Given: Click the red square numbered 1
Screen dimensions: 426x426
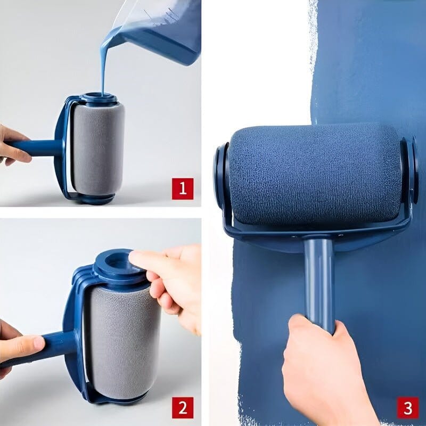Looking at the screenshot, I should [182, 189].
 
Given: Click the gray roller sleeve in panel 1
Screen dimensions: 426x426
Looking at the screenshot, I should [99, 149].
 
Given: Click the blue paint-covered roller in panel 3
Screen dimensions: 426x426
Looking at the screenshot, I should [314, 176].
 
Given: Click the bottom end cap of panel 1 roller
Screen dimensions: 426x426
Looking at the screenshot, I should [96, 199].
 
